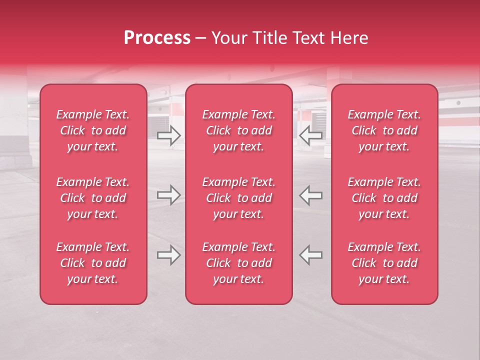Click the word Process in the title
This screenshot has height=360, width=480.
(157, 38)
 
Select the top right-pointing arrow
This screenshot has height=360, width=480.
(169, 135)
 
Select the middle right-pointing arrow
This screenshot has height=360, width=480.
(169, 195)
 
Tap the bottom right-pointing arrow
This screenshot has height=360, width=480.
(169, 255)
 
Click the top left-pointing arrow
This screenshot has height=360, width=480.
(310, 135)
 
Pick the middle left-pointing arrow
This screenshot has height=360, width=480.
(310, 195)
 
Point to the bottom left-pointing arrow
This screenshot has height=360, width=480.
(310, 255)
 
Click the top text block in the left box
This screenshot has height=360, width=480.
(93, 130)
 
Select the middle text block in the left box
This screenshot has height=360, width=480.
(93, 198)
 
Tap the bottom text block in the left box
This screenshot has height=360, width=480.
(93, 263)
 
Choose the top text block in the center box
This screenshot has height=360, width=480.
(238, 130)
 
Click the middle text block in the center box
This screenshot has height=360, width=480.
(238, 198)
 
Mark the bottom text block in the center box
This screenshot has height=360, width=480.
(238, 263)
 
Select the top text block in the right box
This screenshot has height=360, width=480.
(384, 130)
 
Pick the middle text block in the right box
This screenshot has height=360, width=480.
(384, 198)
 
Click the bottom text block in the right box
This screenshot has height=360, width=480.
(384, 263)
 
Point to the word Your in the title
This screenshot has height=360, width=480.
(228, 38)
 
